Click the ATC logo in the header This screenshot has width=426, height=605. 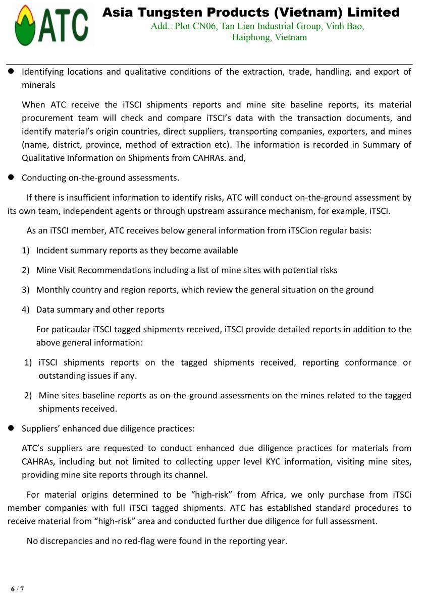point(51,25)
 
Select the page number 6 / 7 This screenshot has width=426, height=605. point(18,589)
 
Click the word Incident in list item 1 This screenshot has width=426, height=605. point(52,251)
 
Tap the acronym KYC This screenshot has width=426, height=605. point(276,461)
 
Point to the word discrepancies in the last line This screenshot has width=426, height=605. point(68,541)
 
